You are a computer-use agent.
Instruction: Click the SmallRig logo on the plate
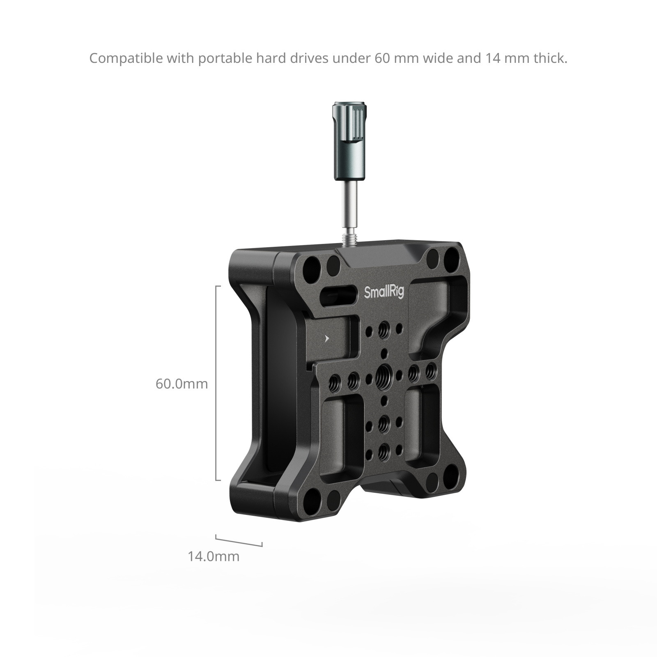[384, 292]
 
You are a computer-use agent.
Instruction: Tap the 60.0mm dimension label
[181, 384]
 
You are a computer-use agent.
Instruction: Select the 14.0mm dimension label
[213, 556]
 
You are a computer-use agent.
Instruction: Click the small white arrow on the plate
[327, 339]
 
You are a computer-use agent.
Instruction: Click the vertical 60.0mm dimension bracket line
[216, 383]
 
